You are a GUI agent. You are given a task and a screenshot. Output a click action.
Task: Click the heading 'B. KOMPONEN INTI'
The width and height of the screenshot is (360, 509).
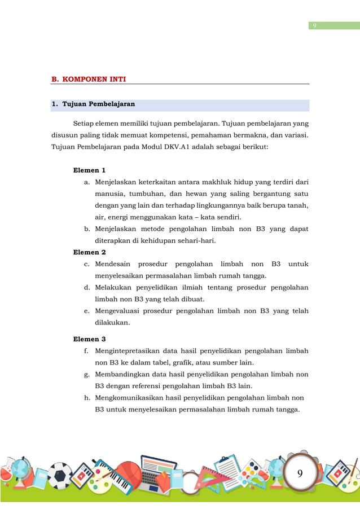click(89, 79)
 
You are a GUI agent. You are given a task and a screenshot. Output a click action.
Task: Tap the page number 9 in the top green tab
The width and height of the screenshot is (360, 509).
click(314, 25)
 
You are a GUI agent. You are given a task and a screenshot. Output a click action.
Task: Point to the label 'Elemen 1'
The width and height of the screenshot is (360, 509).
click(90, 170)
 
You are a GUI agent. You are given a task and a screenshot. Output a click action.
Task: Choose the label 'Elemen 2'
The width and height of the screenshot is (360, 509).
click(90, 252)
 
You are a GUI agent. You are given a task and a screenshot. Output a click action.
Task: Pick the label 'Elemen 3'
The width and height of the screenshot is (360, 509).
click(90, 339)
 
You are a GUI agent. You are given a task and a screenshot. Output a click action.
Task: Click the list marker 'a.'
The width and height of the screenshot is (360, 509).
click(87, 182)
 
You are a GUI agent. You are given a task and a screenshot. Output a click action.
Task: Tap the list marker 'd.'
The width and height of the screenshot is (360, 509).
click(87, 287)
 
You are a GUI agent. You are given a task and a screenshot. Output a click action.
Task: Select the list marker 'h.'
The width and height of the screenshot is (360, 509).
click(87, 398)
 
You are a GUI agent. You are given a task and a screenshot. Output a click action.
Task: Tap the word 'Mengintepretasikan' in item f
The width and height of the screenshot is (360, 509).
click(128, 351)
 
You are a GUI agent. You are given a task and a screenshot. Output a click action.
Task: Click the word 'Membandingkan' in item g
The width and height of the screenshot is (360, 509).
click(122, 375)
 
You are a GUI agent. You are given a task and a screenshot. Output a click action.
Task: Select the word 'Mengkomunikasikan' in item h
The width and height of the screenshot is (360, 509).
click(129, 398)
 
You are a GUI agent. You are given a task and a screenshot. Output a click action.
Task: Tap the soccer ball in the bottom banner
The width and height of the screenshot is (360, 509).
click(59, 475)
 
